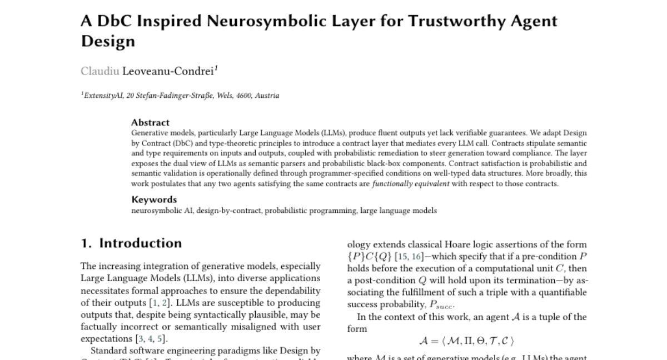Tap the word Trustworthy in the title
447,22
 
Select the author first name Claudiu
100,71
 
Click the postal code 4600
243,96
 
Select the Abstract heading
150,122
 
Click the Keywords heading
154,199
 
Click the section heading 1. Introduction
131,243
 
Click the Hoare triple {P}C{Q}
369,257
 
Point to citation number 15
400,257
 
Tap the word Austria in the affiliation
267,96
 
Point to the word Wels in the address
223,96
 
